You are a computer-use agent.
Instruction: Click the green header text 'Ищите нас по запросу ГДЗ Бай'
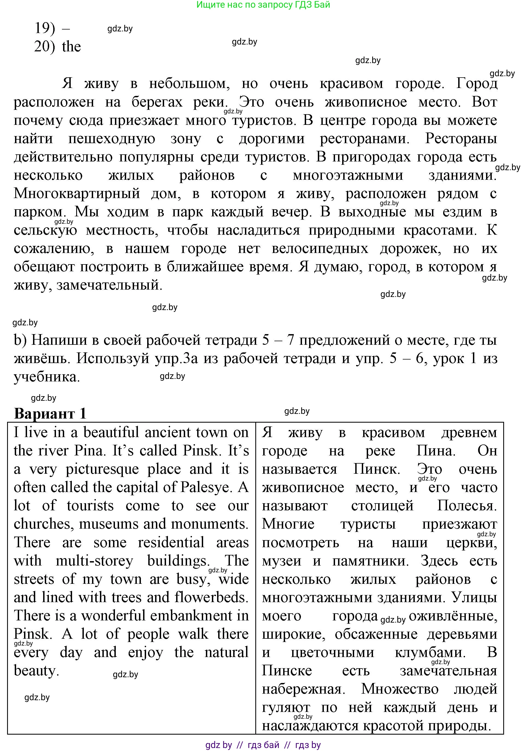point(263,5)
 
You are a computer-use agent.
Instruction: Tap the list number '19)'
point(45,28)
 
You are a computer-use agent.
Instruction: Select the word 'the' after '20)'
point(71,46)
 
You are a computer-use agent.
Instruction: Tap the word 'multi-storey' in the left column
point(94,561)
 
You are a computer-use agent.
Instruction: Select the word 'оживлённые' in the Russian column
point(452,616)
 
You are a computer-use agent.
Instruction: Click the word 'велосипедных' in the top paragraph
point(320,249)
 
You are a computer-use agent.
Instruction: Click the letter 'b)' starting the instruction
point(20,340)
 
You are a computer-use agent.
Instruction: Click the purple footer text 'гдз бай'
point(263,745)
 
